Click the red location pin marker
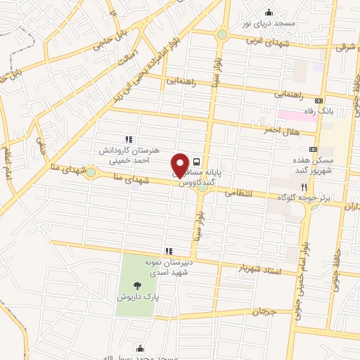tap(181, 165)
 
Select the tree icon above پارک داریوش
tap(136, 285)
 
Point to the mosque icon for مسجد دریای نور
tap(268, 11)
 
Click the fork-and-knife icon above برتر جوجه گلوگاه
tap(304, 187)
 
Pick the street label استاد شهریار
tap(259, 268)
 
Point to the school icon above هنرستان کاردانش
tap(127, 139)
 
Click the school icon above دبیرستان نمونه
tap(168, 250)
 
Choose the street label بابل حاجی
tap(96, 44)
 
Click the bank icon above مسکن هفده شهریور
tap(313, 149)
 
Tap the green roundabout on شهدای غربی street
tap(222, 34)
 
